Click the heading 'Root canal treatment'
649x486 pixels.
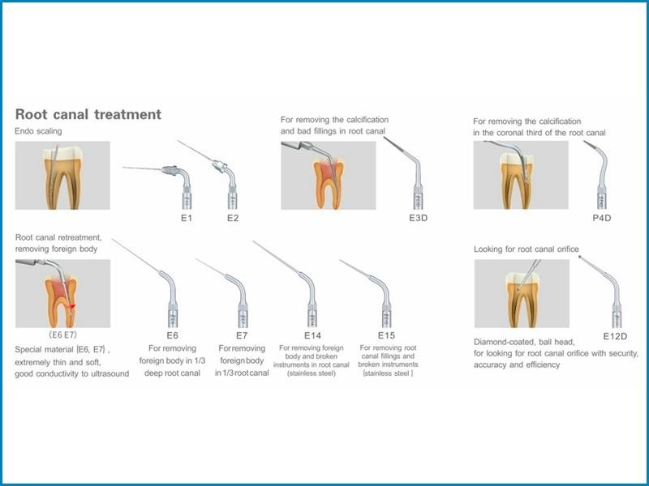click(88, 114)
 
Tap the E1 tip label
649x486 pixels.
click(187, 218)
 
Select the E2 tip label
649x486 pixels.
click(233, 218)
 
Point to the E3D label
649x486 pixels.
click(418, 218)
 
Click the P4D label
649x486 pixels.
click(602, 218)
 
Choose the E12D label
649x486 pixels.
click(615, 336)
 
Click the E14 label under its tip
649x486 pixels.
click(312, 335)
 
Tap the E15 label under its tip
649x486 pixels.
click(386, 335)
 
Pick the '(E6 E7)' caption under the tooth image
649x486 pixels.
click(62, 335)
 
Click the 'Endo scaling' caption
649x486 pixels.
click(38, 131)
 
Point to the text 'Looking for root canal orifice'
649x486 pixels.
click(526, 249)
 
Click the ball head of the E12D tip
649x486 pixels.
click(580, 257)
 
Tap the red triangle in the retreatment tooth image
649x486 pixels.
click(72, 306)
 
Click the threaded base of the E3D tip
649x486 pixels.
click(419, 198)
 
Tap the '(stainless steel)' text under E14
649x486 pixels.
click(312, 373)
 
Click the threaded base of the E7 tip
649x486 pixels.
click(243, 317)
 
